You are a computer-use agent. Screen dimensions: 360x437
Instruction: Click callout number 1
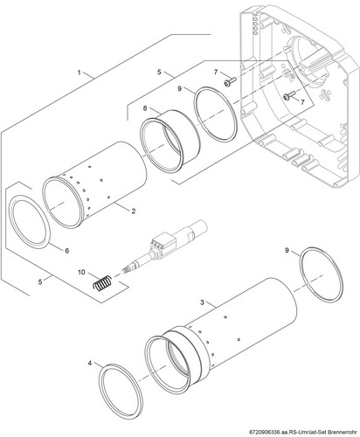(79, 73)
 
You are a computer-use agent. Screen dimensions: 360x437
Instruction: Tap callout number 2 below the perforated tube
(134, 211)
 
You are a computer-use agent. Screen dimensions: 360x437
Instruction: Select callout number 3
(203, 302)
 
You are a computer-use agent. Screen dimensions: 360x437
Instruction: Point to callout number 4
(90, 363)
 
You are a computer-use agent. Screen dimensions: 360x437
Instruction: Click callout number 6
(67, 251)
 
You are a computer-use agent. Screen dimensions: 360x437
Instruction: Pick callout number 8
(145, 108)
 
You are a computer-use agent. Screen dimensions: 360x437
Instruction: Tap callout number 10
(81, 272)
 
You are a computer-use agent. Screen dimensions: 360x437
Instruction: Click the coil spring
(102, 282)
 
